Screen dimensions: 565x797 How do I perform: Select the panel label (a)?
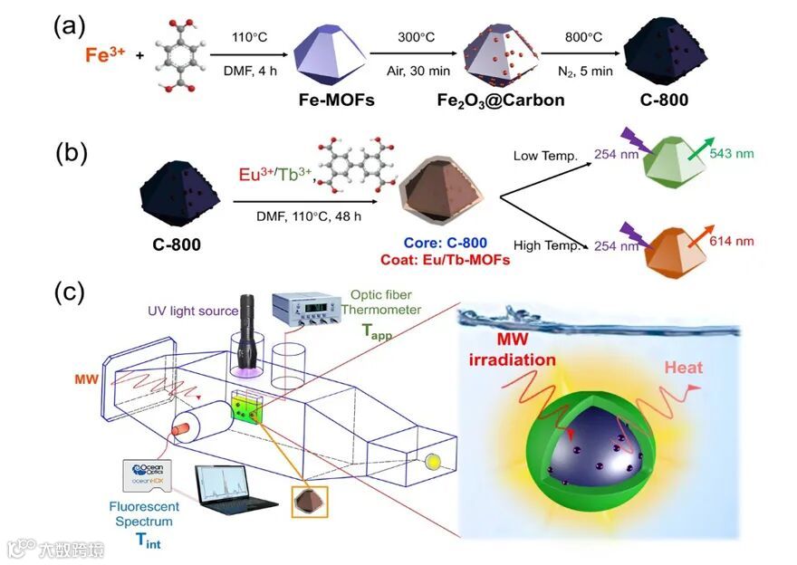[71, 26]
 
